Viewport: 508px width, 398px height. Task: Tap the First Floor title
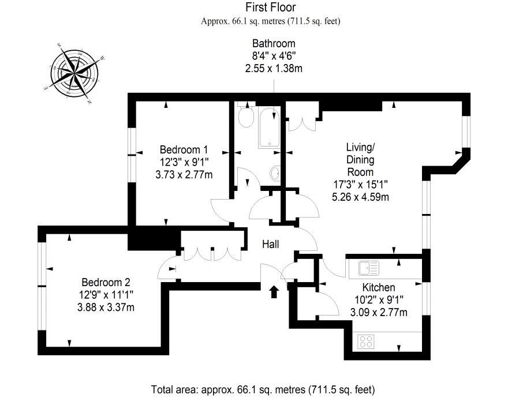pyautogui.click(x=270, y=7)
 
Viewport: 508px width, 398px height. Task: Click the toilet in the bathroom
pyautogui.click(x=246, y=118)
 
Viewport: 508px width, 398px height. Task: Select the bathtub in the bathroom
pyautogui.click(x=268, y=127)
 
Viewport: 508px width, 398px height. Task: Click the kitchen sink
pyautogui.click(x=368, y=268)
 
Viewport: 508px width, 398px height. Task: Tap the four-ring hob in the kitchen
pyautogui.click(x=366, y=341)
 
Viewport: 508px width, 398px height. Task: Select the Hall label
pyautogui.click(x=270, y=245)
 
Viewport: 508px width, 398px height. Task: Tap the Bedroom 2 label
pyautogui.click(x=106, y=282)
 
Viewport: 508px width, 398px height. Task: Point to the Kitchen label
pyautogui.click(x=379, y=287)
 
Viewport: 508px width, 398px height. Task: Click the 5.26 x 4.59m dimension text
pyautogui.click(x=360, y=197)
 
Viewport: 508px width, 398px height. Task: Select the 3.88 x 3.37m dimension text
pyautogui.click(x=106, y=307)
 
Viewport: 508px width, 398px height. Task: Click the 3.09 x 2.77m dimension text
pyautogui.click(x=379, y=313)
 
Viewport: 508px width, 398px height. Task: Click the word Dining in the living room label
pyautogui.click(x=360, y=160)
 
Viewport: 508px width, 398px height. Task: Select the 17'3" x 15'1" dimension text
pyautogui.click(x=360, y=185)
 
